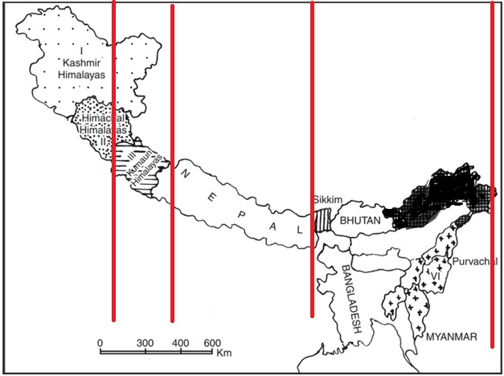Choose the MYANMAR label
tap(453, 335)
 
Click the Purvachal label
tap(475, 262)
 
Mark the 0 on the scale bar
tap(100, 343)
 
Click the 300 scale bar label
tap(145, 343)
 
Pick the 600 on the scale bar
tap(212, 343)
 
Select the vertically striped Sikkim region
tap(322, 220)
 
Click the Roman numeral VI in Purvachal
tap(435, 276)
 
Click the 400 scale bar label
tap(178, 343)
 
